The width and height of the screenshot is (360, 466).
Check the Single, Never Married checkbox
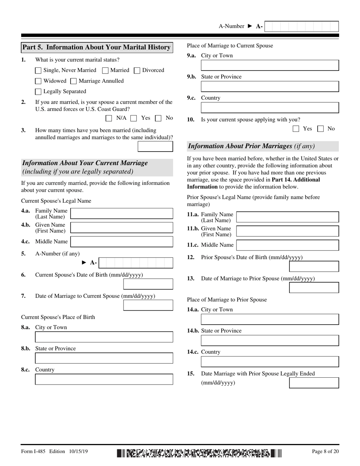click(x=38, y=70)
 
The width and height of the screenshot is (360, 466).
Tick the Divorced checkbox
click(x=137, y=70)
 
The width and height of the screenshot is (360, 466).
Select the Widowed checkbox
click(x=38, y=81)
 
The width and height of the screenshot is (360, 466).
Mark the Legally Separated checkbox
click(x=38, y=92)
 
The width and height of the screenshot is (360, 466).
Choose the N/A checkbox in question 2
click(x=109, y=118)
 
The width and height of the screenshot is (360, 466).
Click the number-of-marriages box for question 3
click(x=155, y=146)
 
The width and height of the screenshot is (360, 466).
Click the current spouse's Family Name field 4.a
click(x=122, y=213)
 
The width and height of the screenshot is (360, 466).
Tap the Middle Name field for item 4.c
click(x=122, y=242)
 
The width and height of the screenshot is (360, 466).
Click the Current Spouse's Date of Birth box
click(x=148, y=284)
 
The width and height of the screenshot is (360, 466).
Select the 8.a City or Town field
click(x=104, y=337)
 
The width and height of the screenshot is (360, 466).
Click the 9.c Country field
click(x=269, y=108)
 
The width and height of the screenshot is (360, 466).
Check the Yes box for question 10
click(x=296, y=129)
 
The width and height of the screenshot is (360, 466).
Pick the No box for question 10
click(x=320, y=129)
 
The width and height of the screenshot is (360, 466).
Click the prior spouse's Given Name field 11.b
click(x=287, y=231)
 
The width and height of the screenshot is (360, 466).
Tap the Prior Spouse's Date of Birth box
click(x=314, y=266)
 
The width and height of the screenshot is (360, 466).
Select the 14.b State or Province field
click(x=269, y=340)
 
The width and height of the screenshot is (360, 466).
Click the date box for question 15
click(x=314, y=383)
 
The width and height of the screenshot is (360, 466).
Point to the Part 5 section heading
click(x=97, y=47)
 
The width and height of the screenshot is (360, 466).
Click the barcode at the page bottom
click(x=199, y=453)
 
